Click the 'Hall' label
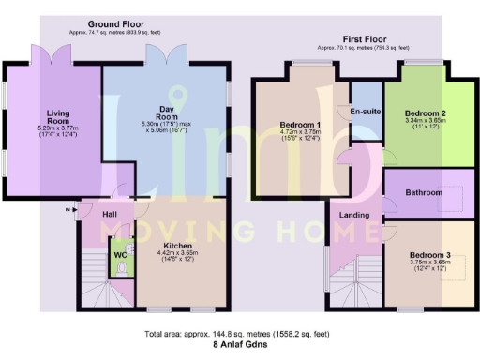pyautogui.click(x=108, y=215)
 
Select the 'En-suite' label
pyautogui.click(x=364, y=112)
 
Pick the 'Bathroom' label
pyautogui.click(x=423, y=192)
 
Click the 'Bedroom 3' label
pyautogui.click(x=428, y=255)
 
